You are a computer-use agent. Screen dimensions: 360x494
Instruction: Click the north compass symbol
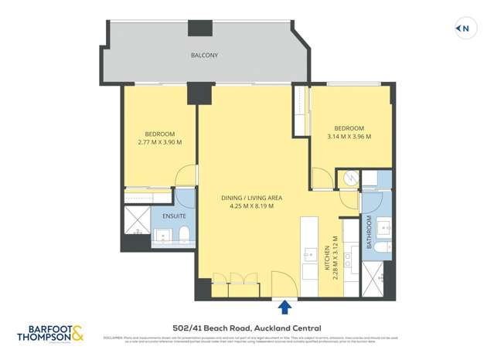(x=463, y=29)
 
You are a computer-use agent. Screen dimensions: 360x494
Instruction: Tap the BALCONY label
(x=204, y=56)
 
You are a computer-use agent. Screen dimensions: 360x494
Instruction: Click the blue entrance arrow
(x=284, y=307)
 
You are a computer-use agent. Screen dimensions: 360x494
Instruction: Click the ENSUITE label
(x=174, y=216)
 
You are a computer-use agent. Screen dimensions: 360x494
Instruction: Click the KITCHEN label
(x=328, y=257)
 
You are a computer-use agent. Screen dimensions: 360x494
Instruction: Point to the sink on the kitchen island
(x=310, y=254)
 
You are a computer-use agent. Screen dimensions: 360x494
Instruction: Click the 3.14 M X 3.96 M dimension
(x=349, y=137)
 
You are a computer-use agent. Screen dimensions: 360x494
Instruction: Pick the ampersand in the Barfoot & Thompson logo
(x=77, y=333)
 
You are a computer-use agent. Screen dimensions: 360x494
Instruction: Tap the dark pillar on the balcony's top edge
(x=200, y=27)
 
